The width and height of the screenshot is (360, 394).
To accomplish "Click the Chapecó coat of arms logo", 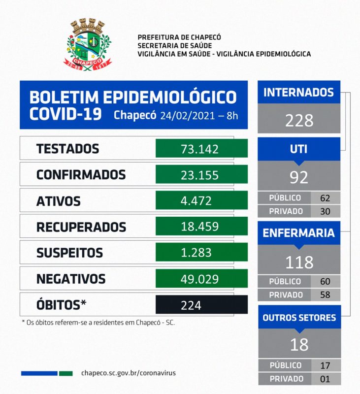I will [x=88, y=45].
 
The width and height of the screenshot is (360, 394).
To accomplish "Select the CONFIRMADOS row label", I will [x=81, y=175].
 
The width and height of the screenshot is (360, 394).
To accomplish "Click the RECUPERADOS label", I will [x=81, y=227].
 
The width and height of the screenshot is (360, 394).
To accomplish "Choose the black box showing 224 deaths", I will [x=201, y=305].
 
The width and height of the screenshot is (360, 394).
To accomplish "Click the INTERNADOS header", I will [x=298, y=93].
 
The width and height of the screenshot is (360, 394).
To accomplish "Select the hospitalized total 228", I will [x=298, y=120].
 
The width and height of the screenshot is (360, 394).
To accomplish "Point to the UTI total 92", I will [x=298, y=176].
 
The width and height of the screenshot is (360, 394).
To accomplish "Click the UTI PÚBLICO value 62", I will [x=326, y=198].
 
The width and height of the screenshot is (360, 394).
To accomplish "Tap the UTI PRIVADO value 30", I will [x=326, y=211].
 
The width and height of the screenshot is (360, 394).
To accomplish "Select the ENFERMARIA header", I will [x=298, y=233].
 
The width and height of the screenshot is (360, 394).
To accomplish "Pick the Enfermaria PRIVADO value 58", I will [x=326, y=295].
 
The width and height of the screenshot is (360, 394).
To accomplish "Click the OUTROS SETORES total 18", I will [x=298, y=344].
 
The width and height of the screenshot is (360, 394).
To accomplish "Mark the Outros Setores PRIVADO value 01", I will [x=326, y=379].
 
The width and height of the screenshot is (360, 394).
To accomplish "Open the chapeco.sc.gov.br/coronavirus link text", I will [x=128, y=373].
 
